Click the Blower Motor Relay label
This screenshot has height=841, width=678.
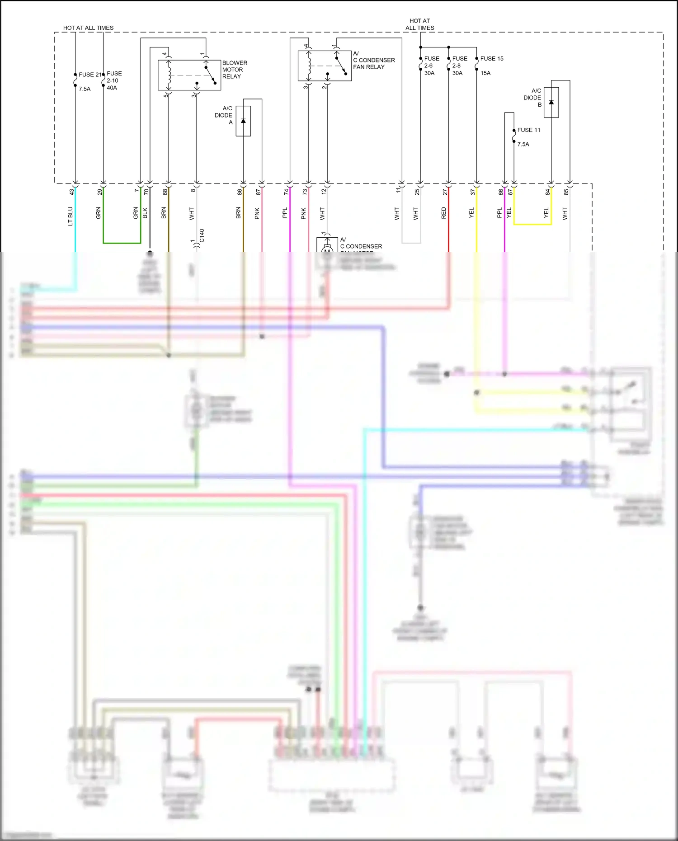point(234,70)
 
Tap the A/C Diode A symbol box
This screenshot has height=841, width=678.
point(243,121)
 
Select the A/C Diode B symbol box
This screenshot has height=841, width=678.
point(551,103)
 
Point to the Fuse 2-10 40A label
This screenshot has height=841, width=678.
point(114,80)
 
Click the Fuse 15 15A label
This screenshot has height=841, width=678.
point(491,66)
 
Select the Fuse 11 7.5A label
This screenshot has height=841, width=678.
point(528,137)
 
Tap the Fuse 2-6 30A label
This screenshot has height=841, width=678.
point(431,66)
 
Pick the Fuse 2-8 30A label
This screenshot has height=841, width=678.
point(459,66)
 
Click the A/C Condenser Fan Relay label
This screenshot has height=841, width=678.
point(373,60)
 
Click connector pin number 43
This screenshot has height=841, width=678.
point(71,192)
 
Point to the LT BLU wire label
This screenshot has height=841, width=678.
point(71,216)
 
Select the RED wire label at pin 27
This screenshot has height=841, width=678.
point(443,213)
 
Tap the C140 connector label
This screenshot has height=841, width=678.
point(202,235)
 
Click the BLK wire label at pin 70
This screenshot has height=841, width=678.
point(145,213)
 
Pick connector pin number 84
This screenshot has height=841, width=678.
point(547,192)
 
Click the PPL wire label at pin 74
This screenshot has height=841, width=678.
point(285,213)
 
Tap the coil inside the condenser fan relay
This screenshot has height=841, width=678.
point(309,66)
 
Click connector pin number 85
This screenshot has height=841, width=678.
point(566,192)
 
